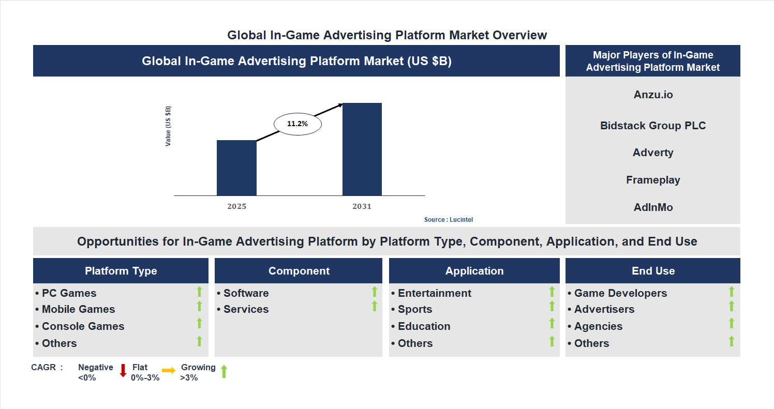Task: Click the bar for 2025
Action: (236, 168)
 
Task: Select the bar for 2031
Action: (362, 149)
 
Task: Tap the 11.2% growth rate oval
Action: (297, 124)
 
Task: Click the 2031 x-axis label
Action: (362, 206)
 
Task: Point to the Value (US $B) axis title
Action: (168, 126)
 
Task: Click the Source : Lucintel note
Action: (448, 220)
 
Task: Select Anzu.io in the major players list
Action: (653, 95)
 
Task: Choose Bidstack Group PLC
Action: (653, 126)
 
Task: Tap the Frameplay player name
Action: (653, 180)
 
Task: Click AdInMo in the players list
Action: (653, 207)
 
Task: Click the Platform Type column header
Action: (121, 271)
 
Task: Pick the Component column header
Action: (299, 271)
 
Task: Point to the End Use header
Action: (653, 271)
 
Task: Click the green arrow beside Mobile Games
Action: (199, 307)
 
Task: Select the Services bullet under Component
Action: (246, 309)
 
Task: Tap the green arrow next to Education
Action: (552, 323)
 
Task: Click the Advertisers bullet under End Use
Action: (604, 309)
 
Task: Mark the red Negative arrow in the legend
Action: (123, 370)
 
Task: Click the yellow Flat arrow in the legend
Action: (169, 370)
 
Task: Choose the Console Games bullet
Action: (83, 326)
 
